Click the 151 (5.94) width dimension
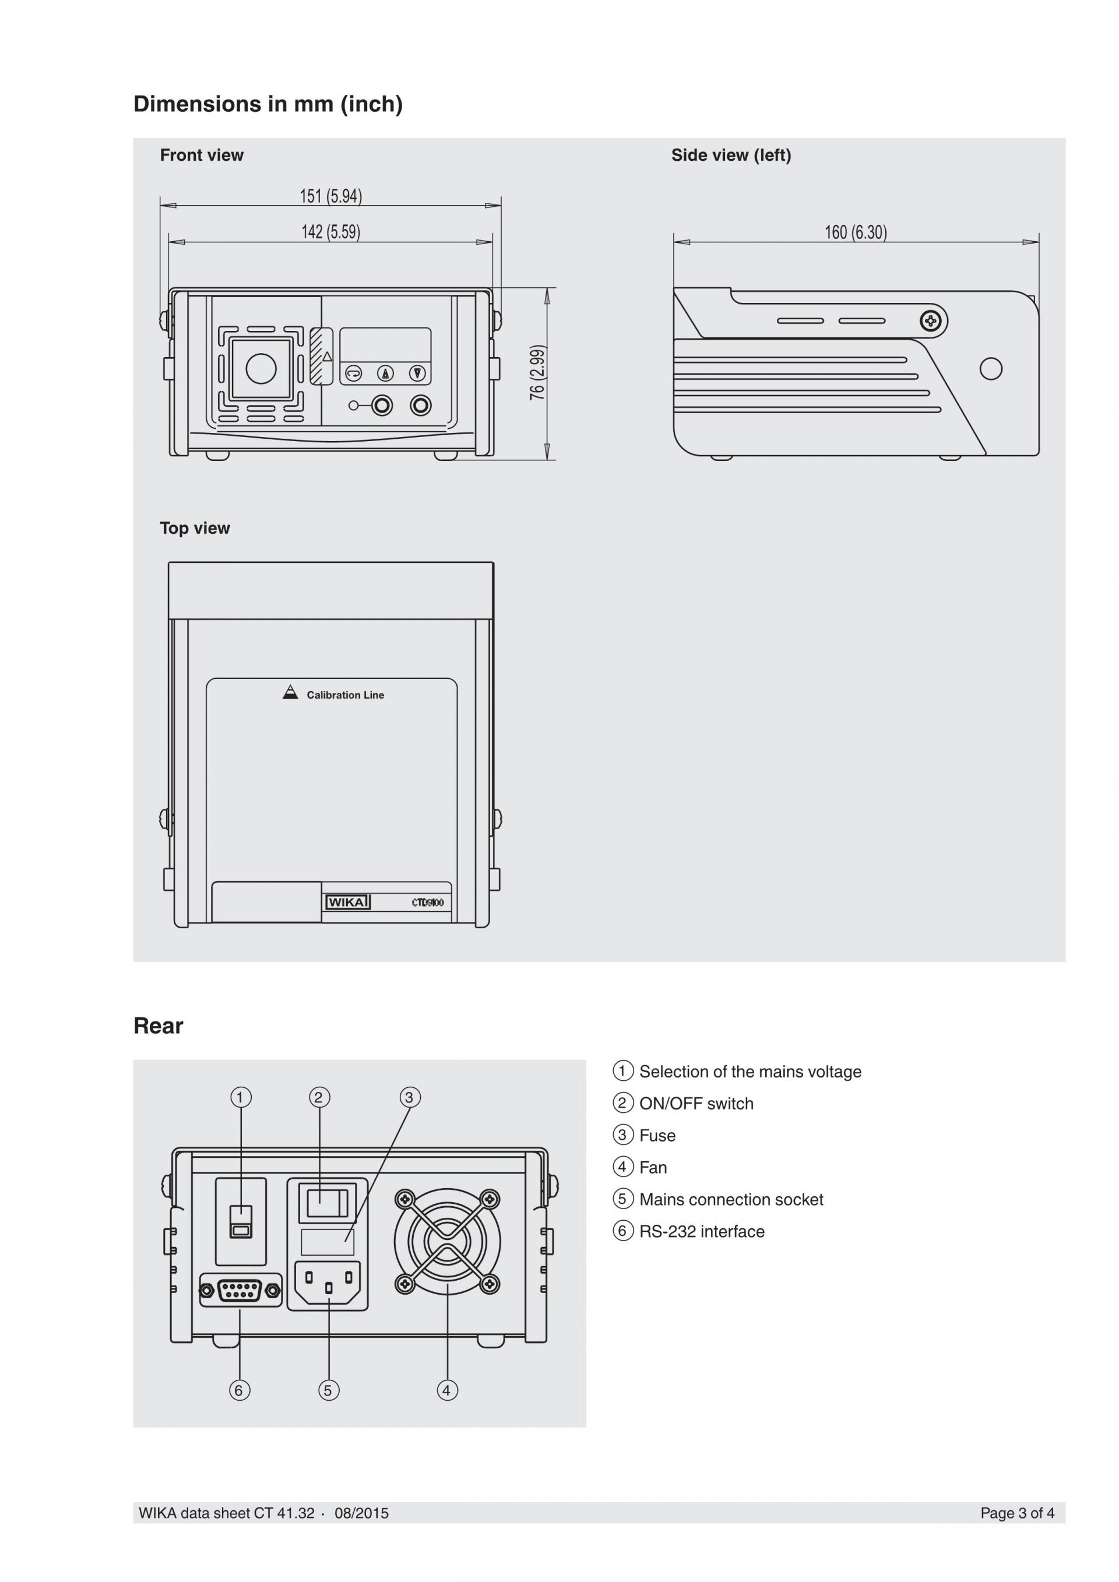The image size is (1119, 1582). [330, 196]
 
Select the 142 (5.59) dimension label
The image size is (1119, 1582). [330, 232]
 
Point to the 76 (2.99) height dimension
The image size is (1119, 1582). [537, 373]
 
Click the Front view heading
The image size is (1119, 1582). [202, 155]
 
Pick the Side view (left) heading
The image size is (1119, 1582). [731, 155]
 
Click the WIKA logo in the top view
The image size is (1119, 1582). [348, 902]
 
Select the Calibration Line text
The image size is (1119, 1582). [345, 695]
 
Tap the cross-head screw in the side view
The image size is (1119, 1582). [931, 320]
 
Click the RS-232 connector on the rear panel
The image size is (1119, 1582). [241, 1290]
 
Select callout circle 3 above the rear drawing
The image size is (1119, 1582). [409, 1097]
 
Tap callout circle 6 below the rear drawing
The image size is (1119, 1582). [239, 1390]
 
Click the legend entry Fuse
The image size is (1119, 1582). [657, 1136]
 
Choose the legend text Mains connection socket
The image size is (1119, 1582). [731, 1200]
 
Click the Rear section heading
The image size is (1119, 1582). [159, 1026]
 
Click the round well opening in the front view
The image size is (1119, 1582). [261, 369]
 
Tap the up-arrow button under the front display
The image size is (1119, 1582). [386, 373]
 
